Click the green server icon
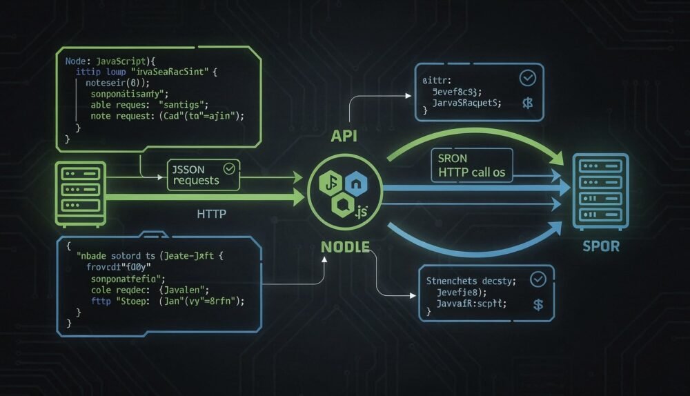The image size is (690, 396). [x=80, y=194]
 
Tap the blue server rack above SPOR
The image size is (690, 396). [x=600, y=191]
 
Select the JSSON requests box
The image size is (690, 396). [x=203, y=174]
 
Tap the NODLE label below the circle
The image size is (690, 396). [x=345, y=246]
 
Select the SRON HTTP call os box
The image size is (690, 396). [x=471, y=166]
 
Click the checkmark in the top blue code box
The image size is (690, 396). [x=527, y=78]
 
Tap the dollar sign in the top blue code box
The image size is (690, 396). [x=528, y=103]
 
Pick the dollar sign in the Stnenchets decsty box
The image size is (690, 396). [x=538, y=304]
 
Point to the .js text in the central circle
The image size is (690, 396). [x=361, y=211]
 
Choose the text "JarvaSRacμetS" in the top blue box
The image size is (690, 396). [x=466, y=103]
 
